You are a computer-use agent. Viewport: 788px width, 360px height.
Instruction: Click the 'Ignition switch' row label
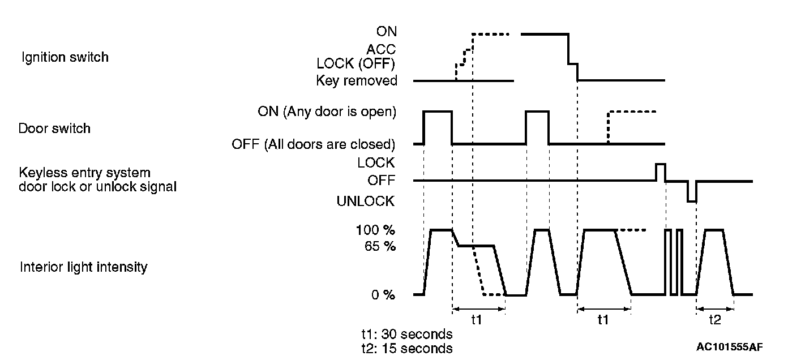[65, 57]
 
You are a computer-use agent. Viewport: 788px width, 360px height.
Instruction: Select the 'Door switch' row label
[55, 128]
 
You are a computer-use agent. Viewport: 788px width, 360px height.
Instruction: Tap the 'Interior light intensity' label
[83, 267]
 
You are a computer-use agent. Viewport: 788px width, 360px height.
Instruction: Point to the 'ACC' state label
[382, 49]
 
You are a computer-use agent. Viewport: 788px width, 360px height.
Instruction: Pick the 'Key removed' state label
[357, 81]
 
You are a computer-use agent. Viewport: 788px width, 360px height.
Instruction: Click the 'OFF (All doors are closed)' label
[314, 144]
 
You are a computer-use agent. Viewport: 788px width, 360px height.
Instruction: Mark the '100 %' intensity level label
[375, 230]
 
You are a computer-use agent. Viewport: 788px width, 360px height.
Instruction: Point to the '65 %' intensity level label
[380, 247]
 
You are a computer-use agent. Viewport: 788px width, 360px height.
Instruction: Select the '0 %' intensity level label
[383, 295]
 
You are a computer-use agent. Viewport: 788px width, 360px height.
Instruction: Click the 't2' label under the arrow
[715, 320]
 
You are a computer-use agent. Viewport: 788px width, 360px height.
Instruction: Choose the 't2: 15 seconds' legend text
[406, 348]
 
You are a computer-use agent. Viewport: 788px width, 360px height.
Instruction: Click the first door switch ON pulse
[438, 112]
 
